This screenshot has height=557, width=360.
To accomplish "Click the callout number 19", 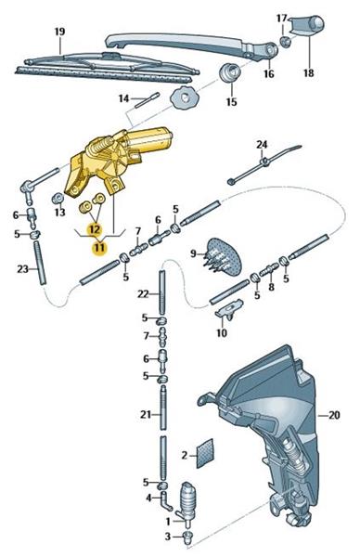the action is click(59, 32).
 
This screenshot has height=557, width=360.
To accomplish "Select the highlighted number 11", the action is click(99, 247).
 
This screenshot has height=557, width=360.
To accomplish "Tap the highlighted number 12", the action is click(95, 229).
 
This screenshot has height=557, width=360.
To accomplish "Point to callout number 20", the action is click(334, 415).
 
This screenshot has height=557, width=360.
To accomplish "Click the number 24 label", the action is click(262, 145).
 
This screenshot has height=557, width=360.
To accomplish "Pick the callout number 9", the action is click(193, 253).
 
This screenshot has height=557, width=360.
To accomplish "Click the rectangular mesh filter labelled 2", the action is click(205, 453).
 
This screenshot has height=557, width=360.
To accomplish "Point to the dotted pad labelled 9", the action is click(223, 256).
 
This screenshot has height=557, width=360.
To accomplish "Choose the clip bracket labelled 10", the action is click(229, 310).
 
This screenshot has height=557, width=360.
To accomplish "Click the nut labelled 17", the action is click(285, 42).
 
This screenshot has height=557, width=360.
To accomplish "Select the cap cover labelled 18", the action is click(307, 26).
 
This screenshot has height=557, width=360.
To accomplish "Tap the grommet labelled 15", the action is click(230, 72).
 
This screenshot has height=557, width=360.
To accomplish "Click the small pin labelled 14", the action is click(148, 100).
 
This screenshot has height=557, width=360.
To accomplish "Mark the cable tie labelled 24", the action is click(264, 163).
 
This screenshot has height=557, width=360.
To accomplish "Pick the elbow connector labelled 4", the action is click(165, 500).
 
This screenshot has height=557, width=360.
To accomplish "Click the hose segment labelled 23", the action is click(40, 262).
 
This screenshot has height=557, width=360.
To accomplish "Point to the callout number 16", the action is click(269, 73).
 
